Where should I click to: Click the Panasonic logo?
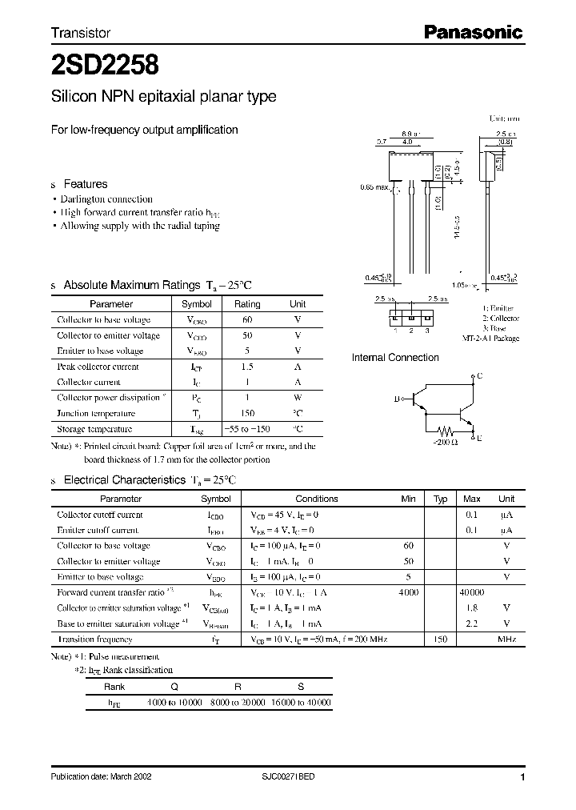(x=472, y=33)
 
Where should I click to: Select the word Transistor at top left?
(x=80, y=34)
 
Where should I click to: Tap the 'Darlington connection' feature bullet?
(x=106, y=199)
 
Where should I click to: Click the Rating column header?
(x=247, y=304)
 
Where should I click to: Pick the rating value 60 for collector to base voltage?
(x=247, y=319)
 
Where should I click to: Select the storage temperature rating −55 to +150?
(x=247, y=429)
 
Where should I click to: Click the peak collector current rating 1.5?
(x=247, y=367)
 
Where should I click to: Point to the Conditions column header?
(x=317, y=499)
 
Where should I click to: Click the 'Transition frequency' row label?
(x=95, y=640)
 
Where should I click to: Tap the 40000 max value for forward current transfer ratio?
(x=471, y=592)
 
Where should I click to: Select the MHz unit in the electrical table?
(x=506, y=640)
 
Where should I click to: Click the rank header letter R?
(x=238, y=686)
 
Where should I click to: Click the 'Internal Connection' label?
(x=395, y=358)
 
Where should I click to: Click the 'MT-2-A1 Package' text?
(x=490, y=339)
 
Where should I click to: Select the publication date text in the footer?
(x=101, y=777)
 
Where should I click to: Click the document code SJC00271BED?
(x=288, y=777)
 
